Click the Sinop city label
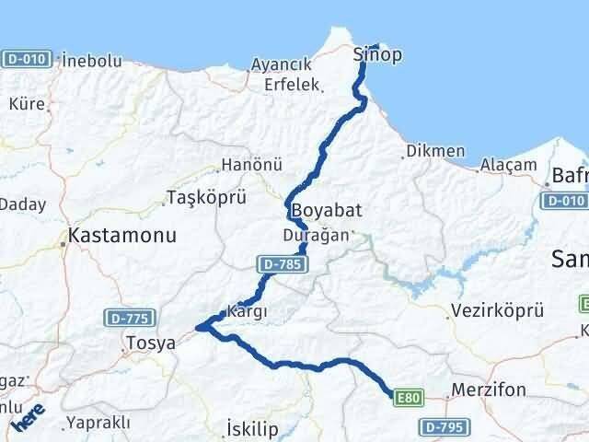point(377,55)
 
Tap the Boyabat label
point(327,211)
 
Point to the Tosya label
point(149,343)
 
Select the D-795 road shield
point(445,426)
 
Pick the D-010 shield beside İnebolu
point(25,59)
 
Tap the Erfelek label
point(292,85)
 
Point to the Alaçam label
point(507,165)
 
